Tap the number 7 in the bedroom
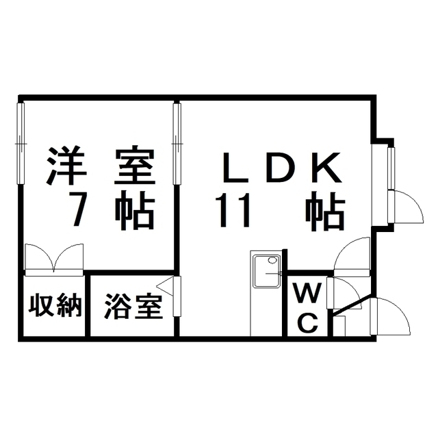[x=77, y=210]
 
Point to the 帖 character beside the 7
[x=134, y=210]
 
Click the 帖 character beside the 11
[x=324, y=210]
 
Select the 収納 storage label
[x=55, y=306]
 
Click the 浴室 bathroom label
[x=134, y=306]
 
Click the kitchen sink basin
[x=266, y=270]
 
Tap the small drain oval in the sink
[x=272, y=260]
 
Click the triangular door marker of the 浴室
[x=165, y=286]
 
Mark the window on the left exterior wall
[x=21, y=144]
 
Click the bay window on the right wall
[x=391, y=168]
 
